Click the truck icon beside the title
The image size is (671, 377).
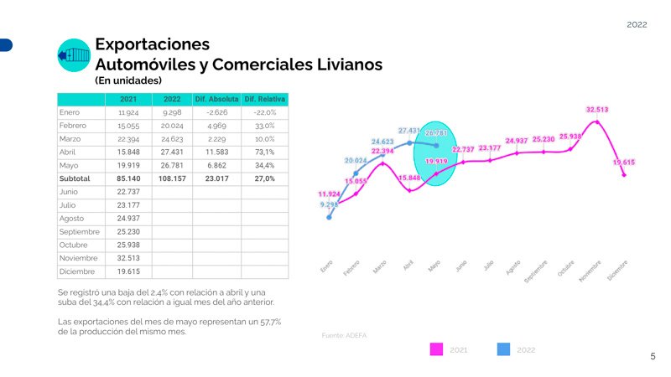73,55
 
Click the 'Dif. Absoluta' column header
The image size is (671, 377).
217,99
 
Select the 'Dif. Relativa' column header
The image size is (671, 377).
265,99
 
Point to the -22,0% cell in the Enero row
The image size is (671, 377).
265,112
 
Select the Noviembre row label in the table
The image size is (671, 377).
79,258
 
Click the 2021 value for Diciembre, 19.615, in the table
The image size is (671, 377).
128,271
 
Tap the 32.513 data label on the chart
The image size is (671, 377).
597,109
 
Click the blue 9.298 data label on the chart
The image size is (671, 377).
329,204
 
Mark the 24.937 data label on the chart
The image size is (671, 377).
517,141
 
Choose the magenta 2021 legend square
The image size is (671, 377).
436,349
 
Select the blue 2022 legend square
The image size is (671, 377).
503,349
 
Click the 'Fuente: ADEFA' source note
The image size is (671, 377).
344,335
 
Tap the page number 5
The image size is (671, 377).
653,357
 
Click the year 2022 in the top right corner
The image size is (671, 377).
637,25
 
